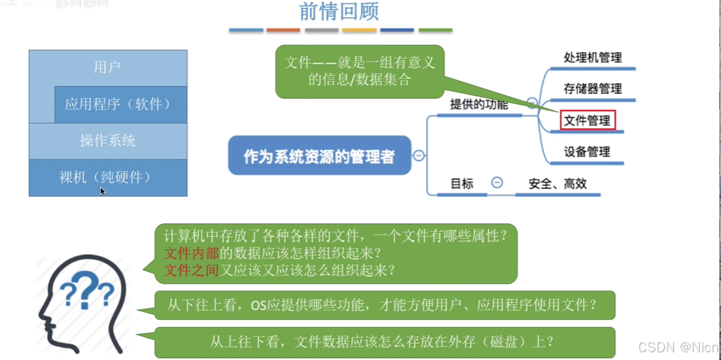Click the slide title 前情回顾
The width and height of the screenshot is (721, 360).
pyautogui.click(x=339, y=12)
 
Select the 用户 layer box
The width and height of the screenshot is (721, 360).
pyautogui.click(x=107, y=67)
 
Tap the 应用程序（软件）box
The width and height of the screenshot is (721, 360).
pyautogui.click(x=121, y=104)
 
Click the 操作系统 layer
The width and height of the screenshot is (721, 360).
pyautogui.click(x=108, y=141)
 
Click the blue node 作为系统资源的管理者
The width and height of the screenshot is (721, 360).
pyautogui.click(x=319, y=155)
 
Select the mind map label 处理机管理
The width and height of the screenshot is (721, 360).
pyautogui.click(x=593, y=58)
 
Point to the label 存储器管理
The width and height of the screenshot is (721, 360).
pyautogui.click(x=593, y=89)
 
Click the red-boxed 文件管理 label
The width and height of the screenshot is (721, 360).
pyautogui.click(x=587, y=121)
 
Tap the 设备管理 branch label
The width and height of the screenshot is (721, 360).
pyautogui.click(x=587, y=152)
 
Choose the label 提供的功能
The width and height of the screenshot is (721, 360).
pyautogui.click(x=479, y=105)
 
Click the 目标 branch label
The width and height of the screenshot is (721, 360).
pyautogui.click(x=462, y=184)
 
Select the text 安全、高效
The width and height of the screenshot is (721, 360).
pyautogui.click(x=558, y=184)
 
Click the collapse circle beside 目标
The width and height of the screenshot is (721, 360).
pyautogui.click(x=497, y=183)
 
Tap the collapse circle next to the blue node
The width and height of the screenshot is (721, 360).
pyautogui.click(x=419, y=155)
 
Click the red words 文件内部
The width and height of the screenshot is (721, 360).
pyautogui.click(x=191, y=253)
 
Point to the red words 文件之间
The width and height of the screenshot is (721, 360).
pyautogui.click(x=191, y=270)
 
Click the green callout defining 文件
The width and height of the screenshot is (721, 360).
pyautogui.click(x=360, y=71)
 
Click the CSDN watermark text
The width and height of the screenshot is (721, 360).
pyautogui.click(x=678, y=347)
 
